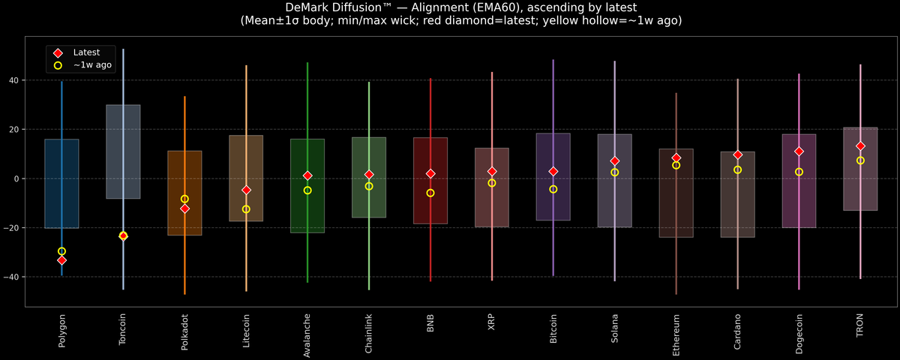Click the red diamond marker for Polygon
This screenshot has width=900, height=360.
(x=61, y=260)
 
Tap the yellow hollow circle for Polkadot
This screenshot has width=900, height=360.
(x=184, y=199)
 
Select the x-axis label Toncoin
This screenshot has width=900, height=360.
(x=123, y=329)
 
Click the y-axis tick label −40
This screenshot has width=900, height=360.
(x=13, y=277)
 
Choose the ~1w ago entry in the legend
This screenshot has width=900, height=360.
(x=92, y=65)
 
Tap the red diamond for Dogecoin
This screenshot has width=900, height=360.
(x=799, y=151)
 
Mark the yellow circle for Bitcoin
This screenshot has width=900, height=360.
(x=553, y=189)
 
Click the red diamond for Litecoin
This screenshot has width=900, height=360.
(x=246, y=190)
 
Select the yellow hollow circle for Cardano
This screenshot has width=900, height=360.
(x=737, y=169)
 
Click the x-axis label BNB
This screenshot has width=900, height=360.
(x=430, y=324)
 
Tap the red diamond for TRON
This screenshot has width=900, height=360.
(x=860, y=146)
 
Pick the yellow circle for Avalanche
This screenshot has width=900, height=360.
(x=307, y=190)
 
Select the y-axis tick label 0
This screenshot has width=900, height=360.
(x=19, y=179)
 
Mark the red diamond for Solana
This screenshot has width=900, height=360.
(x=615, y=161)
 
